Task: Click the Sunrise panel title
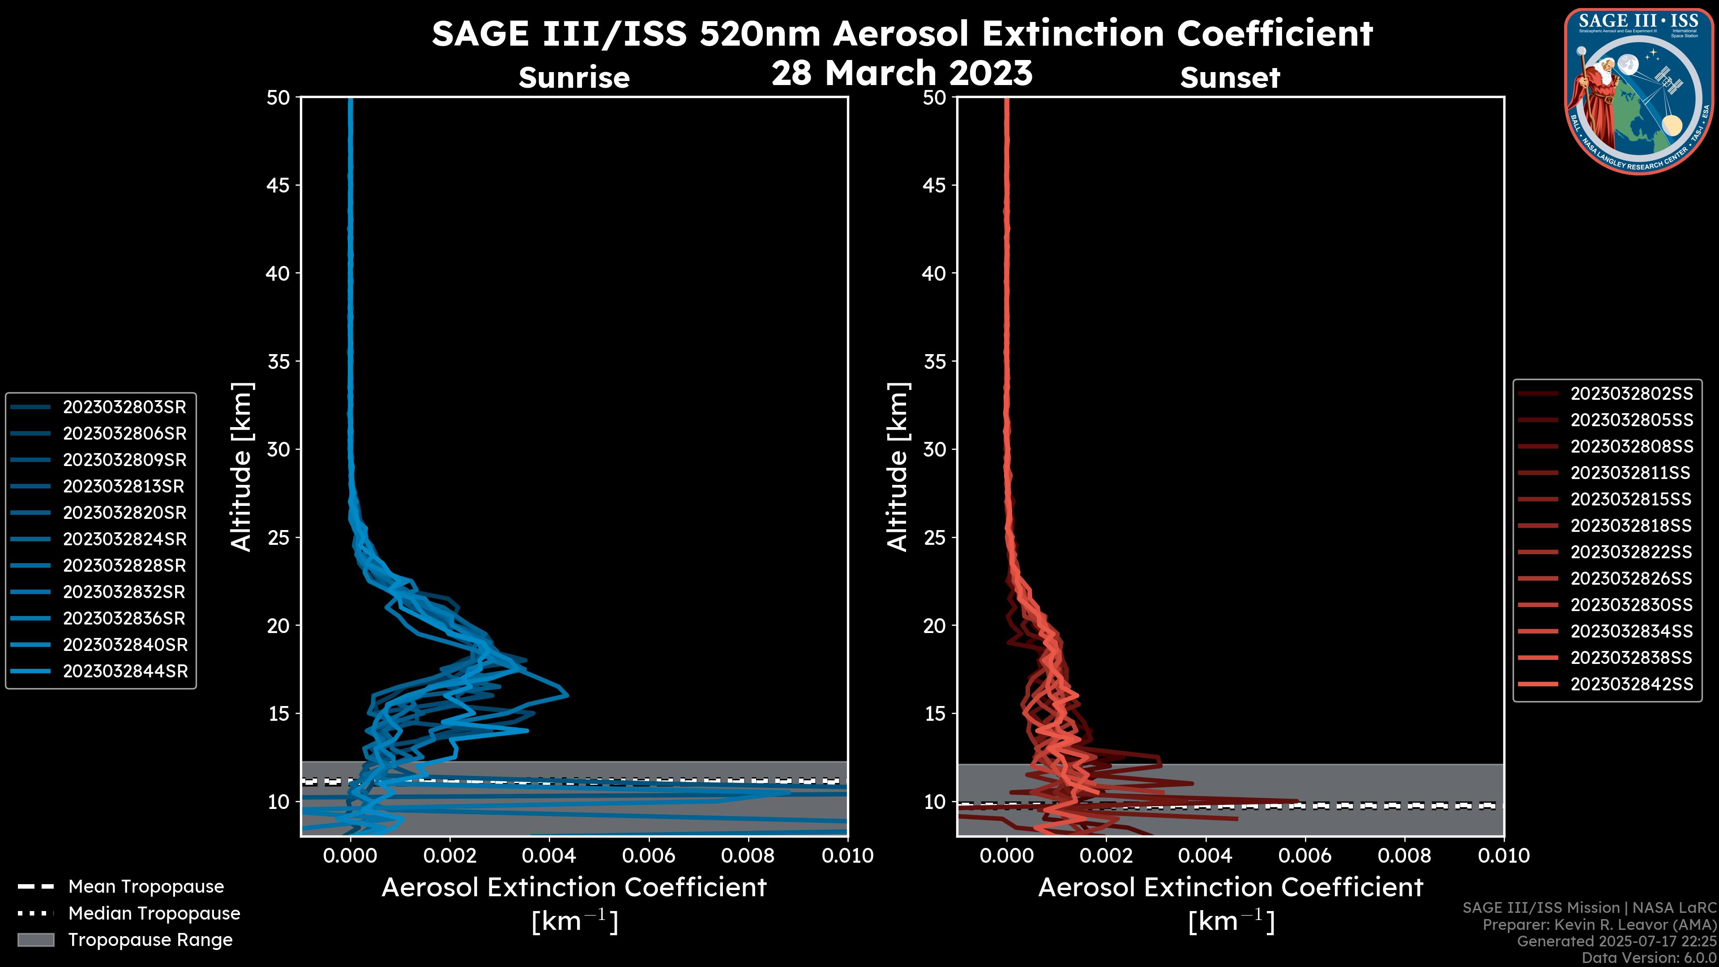(574, 78)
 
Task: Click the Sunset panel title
(1230, 78)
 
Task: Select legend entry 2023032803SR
(124, 407)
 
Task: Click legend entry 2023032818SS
(1631, 526)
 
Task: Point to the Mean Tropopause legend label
(146, 887)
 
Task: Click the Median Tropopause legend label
(154, 914)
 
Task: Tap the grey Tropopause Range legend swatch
(36, 940)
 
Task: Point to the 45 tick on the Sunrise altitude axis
(278, 185)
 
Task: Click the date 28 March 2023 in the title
(902, 73)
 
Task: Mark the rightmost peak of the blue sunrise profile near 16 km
(567, 695)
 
